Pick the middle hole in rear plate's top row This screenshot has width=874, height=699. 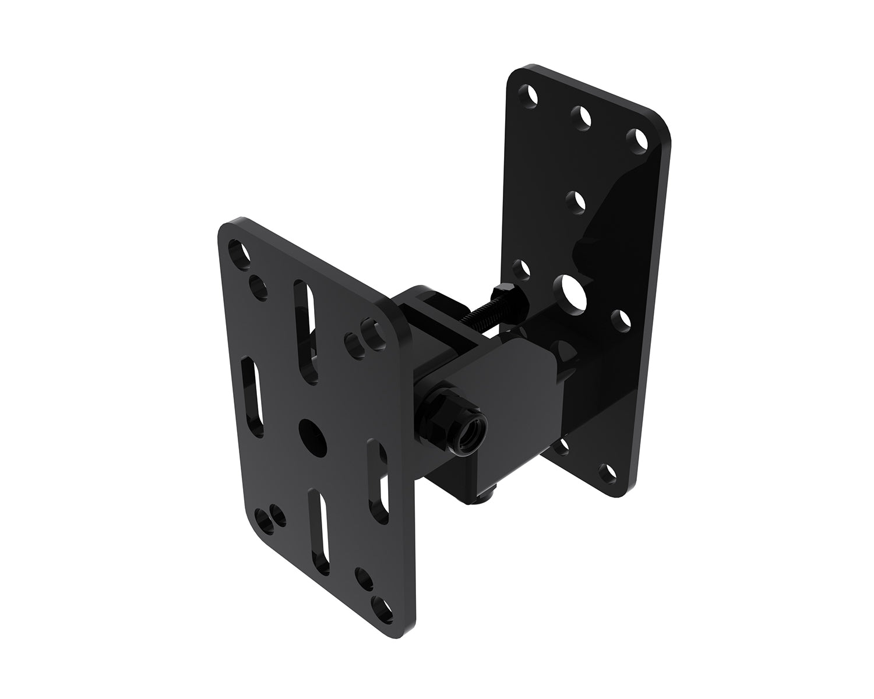(582, 116)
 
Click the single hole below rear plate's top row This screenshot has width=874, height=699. (577, 202)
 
